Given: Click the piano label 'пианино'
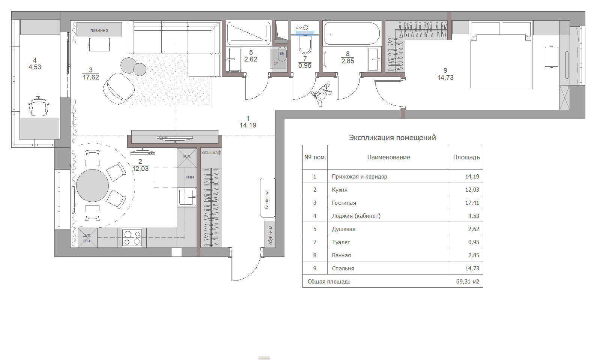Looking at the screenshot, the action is [x=99, y=30].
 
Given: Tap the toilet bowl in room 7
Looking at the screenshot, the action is [x=305, y=45].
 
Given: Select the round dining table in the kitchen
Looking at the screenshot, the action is [x=92, y=186].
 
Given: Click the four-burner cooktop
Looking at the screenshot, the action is [x=132, y=238].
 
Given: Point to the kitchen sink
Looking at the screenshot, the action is [x=186, y=197].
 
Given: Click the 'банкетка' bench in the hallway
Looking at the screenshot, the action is [x=268, y=198].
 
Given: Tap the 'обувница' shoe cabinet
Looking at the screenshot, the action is [x=270, y=235].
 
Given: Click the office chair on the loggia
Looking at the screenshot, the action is [x=39, y=106].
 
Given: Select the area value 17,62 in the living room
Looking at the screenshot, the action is [x=90, y=77].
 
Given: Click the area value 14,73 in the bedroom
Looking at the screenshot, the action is [x=445, y=78].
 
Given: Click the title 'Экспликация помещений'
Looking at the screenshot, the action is [x=392, y=138].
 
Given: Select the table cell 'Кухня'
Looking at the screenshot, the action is [x=340, y=190].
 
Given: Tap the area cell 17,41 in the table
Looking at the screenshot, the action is [x=472, y=203].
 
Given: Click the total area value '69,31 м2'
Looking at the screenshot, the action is [x=468, y=282].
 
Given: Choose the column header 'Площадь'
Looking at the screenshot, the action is [x=466, y=157].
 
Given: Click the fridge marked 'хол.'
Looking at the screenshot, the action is [x=187, y=157].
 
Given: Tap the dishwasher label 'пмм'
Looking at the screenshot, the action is [x=189, y=177].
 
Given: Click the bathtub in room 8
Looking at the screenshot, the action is [x=352, y=33].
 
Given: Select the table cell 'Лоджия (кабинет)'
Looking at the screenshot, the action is [x=356, y=216].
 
